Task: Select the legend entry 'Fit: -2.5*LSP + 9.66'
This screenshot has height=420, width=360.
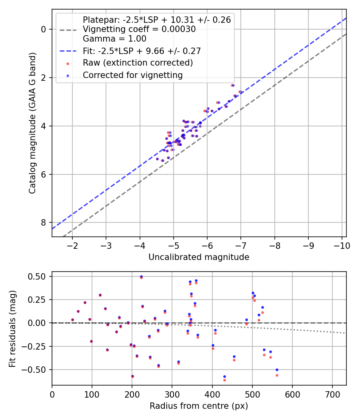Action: click(142, 51)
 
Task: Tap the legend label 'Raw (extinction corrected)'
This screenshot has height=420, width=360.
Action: click(138, 63)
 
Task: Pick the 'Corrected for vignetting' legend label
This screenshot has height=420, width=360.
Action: click(132, 75)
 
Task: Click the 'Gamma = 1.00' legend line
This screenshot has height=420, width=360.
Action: click(114, 39)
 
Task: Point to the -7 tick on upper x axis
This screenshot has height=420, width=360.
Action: click(241, 245)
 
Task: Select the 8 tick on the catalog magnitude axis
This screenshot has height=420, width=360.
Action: click(44, 222)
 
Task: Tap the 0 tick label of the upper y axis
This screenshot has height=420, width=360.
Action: click(44, 29)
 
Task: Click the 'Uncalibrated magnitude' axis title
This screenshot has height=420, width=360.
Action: click(199, 257)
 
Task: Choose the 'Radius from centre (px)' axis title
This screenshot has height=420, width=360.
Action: click(199, 406)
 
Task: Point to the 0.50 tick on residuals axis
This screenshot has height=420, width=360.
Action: click(37, 276)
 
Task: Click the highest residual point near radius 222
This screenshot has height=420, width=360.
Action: click(141, 276)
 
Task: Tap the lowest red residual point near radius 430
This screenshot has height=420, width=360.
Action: click(224, 380)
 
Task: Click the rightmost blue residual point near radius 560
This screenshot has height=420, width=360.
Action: click(277, 370)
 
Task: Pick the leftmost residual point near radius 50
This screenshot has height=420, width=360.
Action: click(72, 320)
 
